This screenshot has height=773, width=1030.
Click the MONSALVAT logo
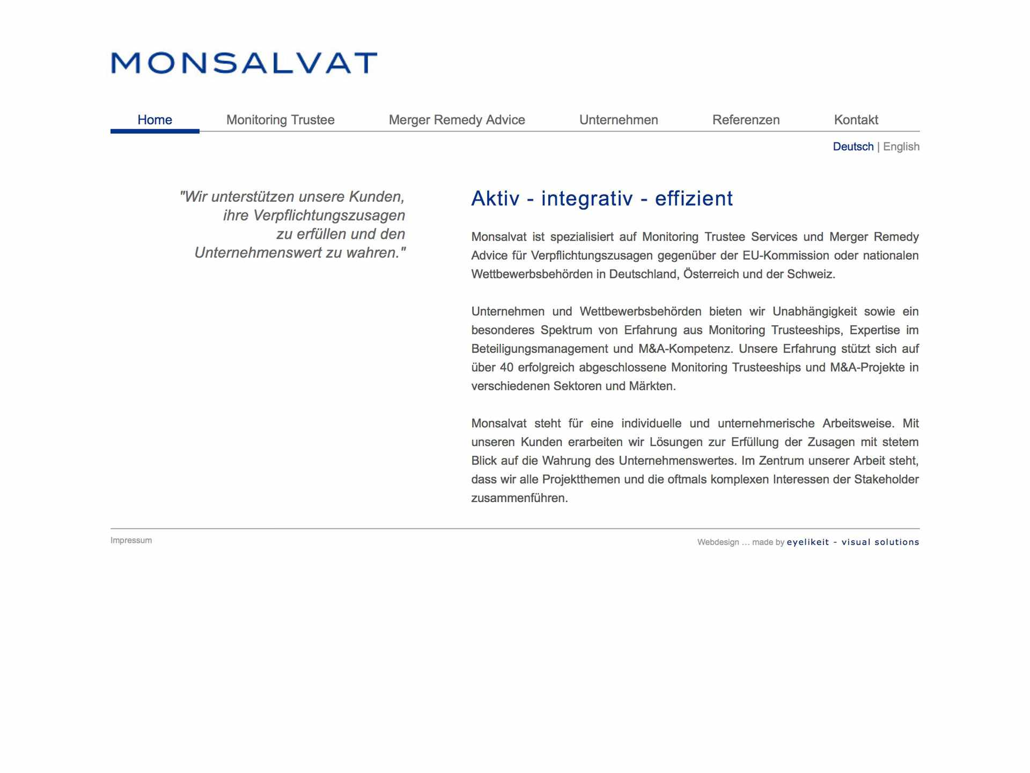tap(244, 63)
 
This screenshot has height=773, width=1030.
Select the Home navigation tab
tap(154, 120)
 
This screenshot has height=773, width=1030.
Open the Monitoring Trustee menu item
tap(280, 120)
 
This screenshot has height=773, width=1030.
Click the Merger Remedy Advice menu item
tap(457, 120)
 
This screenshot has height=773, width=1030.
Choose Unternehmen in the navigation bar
tap(619, 120)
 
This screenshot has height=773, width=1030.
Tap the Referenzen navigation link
tap(746, 120)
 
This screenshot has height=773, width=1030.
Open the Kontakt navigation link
tap(856, 120)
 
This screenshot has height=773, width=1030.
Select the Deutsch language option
tap(853, 147)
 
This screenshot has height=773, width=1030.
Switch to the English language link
tap(901, 147)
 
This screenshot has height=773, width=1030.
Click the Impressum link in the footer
tap(131, 540)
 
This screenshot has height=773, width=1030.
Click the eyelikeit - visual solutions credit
tap(853, 542)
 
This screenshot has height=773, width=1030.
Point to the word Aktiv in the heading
tap(495, 199)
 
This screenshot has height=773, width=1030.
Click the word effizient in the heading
tap(694, 199)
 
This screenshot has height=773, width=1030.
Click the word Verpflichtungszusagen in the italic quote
tap(329, 215)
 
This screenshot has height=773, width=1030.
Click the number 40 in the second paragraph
tap(506, 368)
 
